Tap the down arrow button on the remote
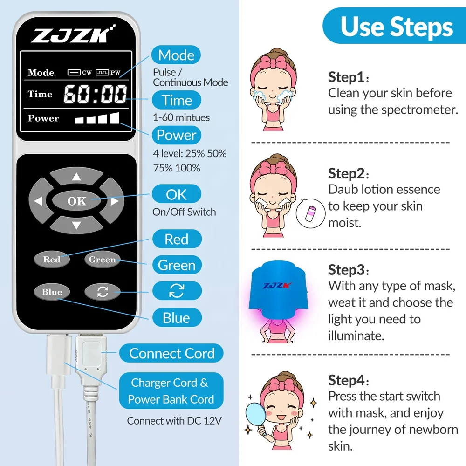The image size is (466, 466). pos(76,225)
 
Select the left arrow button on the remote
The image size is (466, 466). pos(38,201)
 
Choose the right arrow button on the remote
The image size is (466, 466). pos(114,201)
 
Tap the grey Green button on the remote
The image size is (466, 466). pos(102,260)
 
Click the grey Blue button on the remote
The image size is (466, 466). pos(52,292)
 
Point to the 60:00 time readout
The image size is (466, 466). pos(95,94)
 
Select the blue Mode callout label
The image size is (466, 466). pos(176,55)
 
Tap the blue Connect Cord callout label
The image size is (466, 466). pos(171,353)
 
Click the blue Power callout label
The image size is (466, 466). pos(176,135)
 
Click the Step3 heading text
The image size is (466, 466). pos(346,270)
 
